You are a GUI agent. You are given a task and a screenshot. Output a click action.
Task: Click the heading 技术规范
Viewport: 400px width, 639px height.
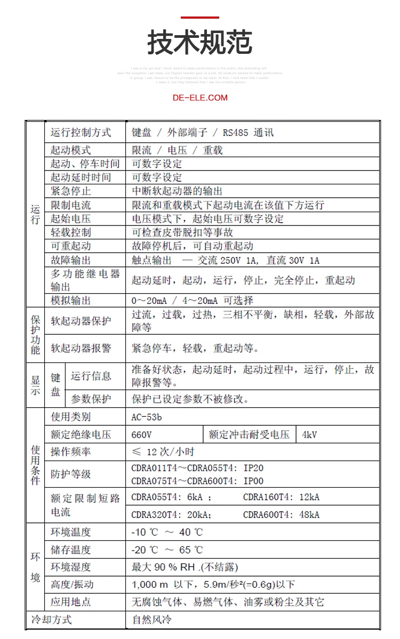pos(199,43)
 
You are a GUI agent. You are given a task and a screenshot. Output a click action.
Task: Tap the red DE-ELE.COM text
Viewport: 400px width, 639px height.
pos(200,98)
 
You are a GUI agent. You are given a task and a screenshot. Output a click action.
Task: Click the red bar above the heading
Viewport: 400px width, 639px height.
pos(199,18)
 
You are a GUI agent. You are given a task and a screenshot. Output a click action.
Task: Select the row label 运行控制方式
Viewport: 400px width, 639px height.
pos(81,133)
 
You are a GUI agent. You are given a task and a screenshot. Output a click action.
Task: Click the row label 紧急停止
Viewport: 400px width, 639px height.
pos(71,191)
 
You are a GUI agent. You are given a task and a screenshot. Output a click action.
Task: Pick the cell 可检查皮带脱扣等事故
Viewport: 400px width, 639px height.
pos(182,232)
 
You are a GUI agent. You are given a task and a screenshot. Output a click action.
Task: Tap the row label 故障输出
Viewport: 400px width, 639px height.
pos(71,260)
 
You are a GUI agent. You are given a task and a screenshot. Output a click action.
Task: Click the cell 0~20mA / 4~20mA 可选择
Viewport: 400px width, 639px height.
pos(193,300)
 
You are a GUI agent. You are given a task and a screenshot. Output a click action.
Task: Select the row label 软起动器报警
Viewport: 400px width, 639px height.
pos(81,349)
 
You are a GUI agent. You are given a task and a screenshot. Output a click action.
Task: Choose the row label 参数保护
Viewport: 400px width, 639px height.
pos(91,399)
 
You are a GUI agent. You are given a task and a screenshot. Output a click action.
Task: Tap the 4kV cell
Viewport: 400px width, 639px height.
pos(309,434)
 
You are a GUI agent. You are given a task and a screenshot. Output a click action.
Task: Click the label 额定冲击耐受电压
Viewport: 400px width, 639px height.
pos(249,434)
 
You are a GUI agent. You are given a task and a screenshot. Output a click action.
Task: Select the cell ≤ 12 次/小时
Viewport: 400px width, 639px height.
pos(163,452)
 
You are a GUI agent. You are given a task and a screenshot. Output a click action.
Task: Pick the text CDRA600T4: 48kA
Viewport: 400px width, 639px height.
pos(281,514)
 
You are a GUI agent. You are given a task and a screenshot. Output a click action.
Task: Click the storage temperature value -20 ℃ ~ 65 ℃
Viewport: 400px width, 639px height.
pos(167,549)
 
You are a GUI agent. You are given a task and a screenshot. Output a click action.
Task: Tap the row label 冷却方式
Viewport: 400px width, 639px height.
pos(51,620)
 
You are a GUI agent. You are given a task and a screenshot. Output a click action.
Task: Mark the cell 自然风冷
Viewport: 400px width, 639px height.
pos(152,620)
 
